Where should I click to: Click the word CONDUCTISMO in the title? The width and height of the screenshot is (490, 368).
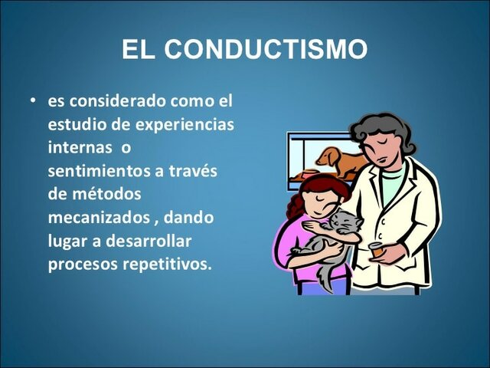266,50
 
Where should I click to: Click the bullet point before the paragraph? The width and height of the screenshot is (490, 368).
33,101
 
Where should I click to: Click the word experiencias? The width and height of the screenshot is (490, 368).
185,124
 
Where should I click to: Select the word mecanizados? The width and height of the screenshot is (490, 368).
100,218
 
